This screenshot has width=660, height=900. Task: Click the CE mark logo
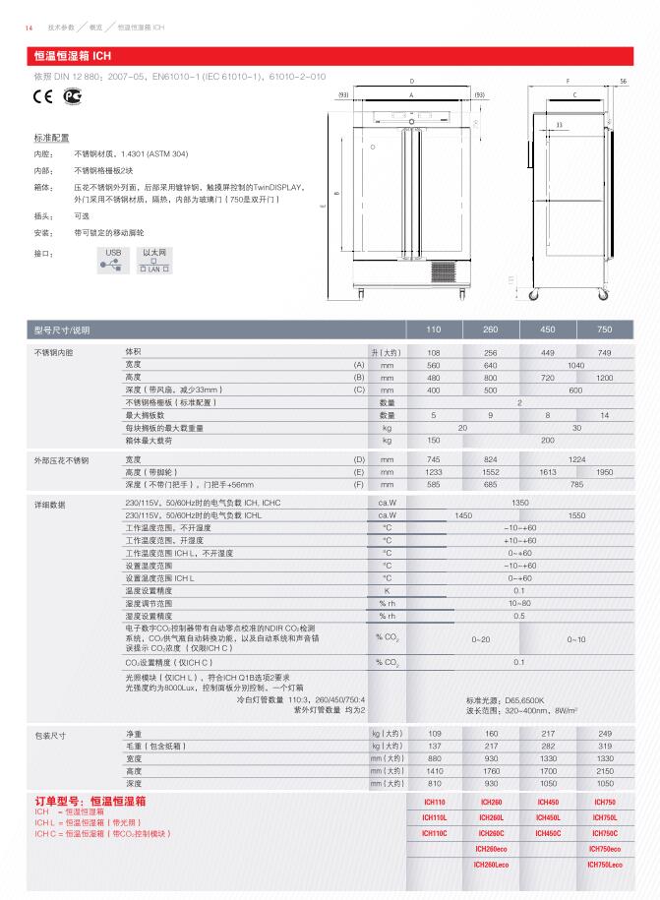point(43,95)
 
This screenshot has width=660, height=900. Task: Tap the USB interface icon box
point(113,259)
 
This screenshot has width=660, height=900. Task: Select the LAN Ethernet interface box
point(154,260)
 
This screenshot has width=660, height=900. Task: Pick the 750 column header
point(604,330)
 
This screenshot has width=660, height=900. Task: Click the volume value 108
point(433,352)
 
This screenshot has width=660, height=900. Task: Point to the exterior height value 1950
point(604,472)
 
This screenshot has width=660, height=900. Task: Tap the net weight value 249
point(604,734)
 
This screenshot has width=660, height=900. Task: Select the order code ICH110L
point(434,817)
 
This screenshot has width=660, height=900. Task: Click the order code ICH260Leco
point(491,864)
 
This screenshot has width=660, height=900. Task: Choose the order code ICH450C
point(548,833)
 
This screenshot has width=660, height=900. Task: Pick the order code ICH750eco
point(604,848)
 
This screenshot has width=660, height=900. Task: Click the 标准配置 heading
point(51,140)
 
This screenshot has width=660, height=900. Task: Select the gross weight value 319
point(604,747)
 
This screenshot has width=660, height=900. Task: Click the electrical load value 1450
point(462,514)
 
